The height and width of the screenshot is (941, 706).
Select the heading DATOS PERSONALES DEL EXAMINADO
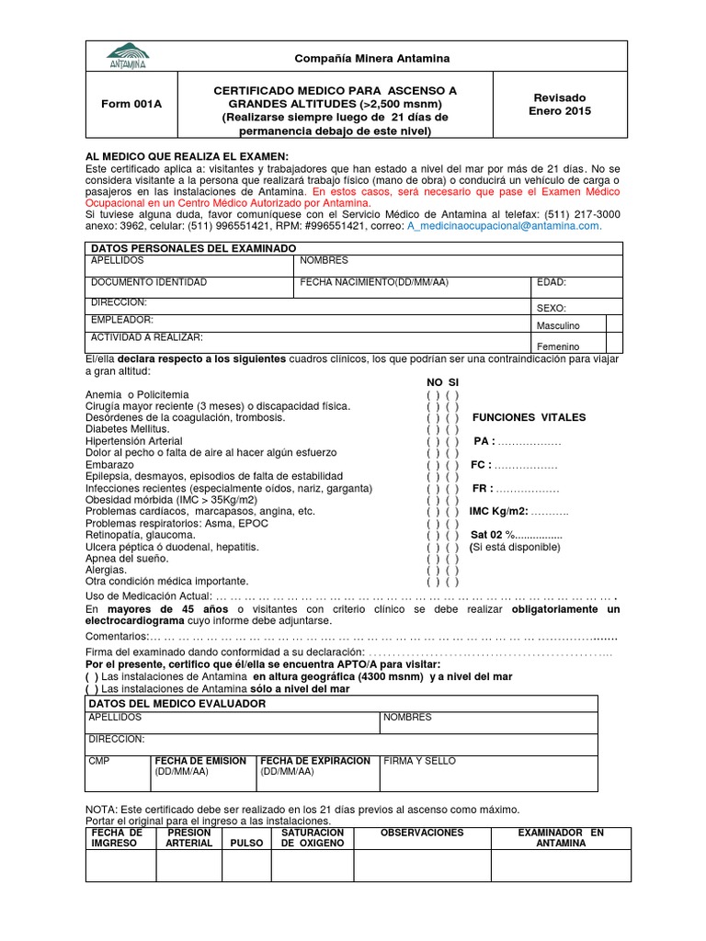193,249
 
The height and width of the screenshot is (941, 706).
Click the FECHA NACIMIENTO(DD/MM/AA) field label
374,281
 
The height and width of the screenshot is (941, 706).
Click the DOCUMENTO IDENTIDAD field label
148,281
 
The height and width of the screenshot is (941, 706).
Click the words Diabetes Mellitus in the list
127,429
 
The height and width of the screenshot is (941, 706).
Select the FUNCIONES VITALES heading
529,417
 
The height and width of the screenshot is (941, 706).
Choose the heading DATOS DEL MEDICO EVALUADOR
177,703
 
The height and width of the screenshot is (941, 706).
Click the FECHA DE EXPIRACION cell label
315,761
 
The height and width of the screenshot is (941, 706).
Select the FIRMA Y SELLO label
419,761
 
